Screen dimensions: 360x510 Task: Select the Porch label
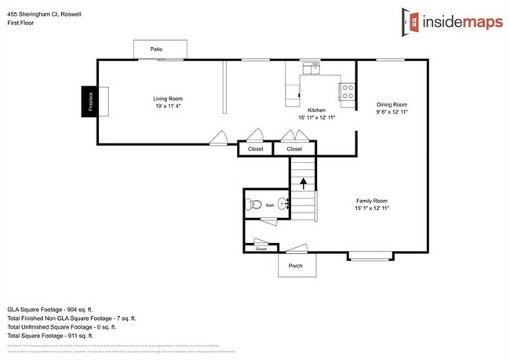tap(296, 265)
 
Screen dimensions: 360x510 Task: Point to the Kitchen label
tap(316, 110)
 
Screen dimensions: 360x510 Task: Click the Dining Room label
tap(392, 104)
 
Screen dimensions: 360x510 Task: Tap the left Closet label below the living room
tap(255, 148)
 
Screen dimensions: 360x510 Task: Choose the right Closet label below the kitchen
tap(294, 148)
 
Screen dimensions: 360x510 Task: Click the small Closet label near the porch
tap(260, 249)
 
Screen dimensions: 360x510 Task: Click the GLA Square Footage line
tap(61, 309)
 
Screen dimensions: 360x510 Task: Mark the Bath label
tap(270, 205)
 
